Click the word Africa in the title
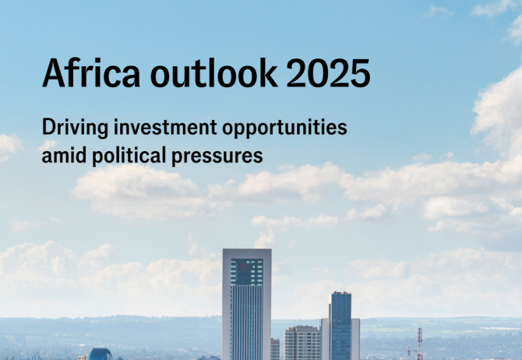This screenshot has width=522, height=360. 91,73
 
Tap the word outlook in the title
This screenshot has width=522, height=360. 213,73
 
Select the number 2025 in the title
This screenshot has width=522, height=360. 328,73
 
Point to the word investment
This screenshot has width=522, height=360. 165,127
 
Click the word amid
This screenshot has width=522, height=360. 62,155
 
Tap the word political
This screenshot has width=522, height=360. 129,156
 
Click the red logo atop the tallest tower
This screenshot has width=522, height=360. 244,266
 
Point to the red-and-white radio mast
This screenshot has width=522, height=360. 420,344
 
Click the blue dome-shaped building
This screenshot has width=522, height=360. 100,355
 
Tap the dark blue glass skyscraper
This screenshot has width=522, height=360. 340,326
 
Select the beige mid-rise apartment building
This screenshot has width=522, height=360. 302,343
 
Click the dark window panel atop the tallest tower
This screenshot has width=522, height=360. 247,272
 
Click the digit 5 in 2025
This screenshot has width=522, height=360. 361,73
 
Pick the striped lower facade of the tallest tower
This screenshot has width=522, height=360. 247,323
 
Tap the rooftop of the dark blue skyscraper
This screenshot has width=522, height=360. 341,294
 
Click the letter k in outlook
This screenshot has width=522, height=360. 267,73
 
